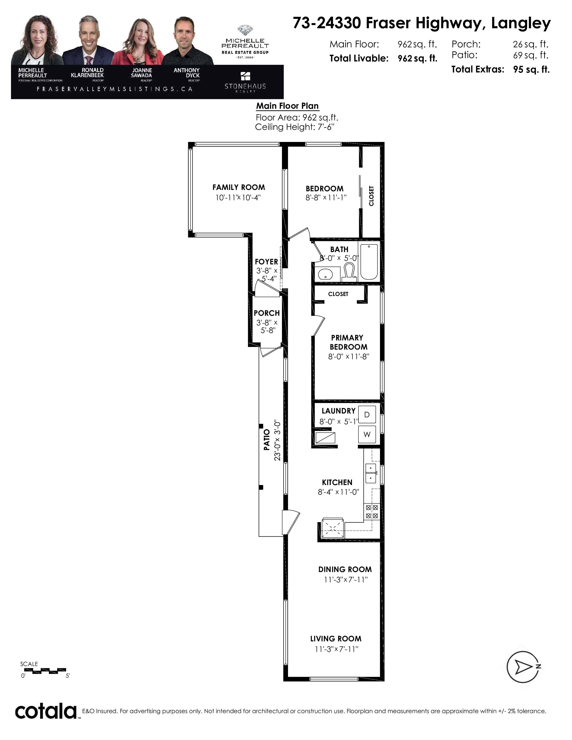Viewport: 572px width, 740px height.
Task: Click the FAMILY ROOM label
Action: [x=239, y=187]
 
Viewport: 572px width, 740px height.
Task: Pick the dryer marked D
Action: [x=367, y=414]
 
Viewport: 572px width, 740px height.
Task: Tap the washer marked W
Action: [x=367, y=434]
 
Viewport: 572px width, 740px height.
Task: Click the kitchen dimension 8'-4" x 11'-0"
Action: [x=338, y=492]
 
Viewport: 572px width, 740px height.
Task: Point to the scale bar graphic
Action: [x=43, y=671]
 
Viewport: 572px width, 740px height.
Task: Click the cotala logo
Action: [x=46, y=711]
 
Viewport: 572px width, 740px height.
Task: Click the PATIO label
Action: [x=267, y=440]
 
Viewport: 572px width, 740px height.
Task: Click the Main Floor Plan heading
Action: [x=287, y=106]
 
